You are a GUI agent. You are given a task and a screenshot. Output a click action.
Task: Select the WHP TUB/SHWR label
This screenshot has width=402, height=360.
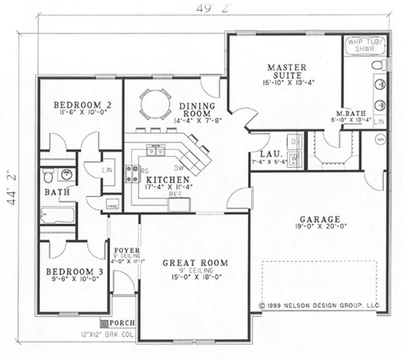[365, 46]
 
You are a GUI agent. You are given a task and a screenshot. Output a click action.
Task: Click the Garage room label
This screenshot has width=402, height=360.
[320, 219]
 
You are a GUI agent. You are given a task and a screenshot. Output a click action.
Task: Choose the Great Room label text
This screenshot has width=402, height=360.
[195, 263]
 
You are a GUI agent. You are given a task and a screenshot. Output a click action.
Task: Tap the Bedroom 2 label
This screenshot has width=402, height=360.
[82, 105]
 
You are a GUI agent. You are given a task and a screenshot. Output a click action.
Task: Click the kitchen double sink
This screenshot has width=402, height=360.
[155, 150]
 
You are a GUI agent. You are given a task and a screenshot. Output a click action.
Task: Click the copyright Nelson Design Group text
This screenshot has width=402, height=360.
[320, 305]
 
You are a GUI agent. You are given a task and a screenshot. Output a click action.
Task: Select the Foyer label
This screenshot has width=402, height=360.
[123, 250]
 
